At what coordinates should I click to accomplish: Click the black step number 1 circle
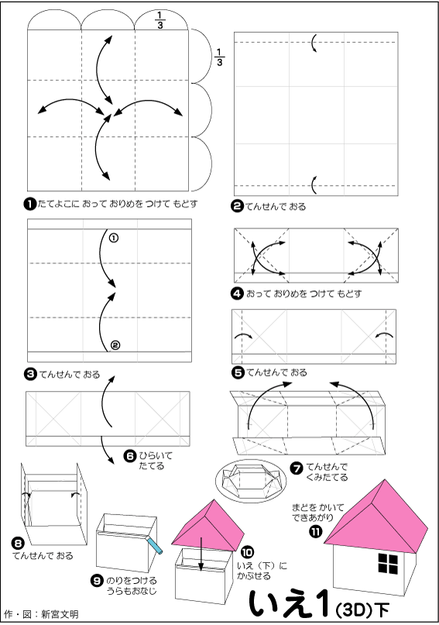coord(30,204)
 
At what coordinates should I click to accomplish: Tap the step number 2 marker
coord(238,206)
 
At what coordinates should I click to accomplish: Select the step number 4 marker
coord(238,294)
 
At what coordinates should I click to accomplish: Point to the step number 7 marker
coord(297,468)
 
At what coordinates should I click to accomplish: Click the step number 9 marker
coord(98,581)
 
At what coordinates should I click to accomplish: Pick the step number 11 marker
coord(316,531)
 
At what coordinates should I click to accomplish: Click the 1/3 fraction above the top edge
coord(160,20)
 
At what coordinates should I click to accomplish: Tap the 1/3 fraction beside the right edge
coord(220,57)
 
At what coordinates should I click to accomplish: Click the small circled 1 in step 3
coord(114,238)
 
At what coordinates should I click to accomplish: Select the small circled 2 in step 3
coord(115,345)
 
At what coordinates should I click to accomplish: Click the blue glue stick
coord(155,546)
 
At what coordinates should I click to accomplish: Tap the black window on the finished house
coord(388,564)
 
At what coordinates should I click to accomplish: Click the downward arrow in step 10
coord(201,553)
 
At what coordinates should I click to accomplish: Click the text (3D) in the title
coord(353,610)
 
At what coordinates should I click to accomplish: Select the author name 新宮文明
coord(60,614)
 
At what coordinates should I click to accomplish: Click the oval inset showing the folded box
coord(251,480)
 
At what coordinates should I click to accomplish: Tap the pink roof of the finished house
coord(376,519)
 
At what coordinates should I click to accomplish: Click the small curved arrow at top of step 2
coord(314,43)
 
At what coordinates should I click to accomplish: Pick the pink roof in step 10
coord(208,526)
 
